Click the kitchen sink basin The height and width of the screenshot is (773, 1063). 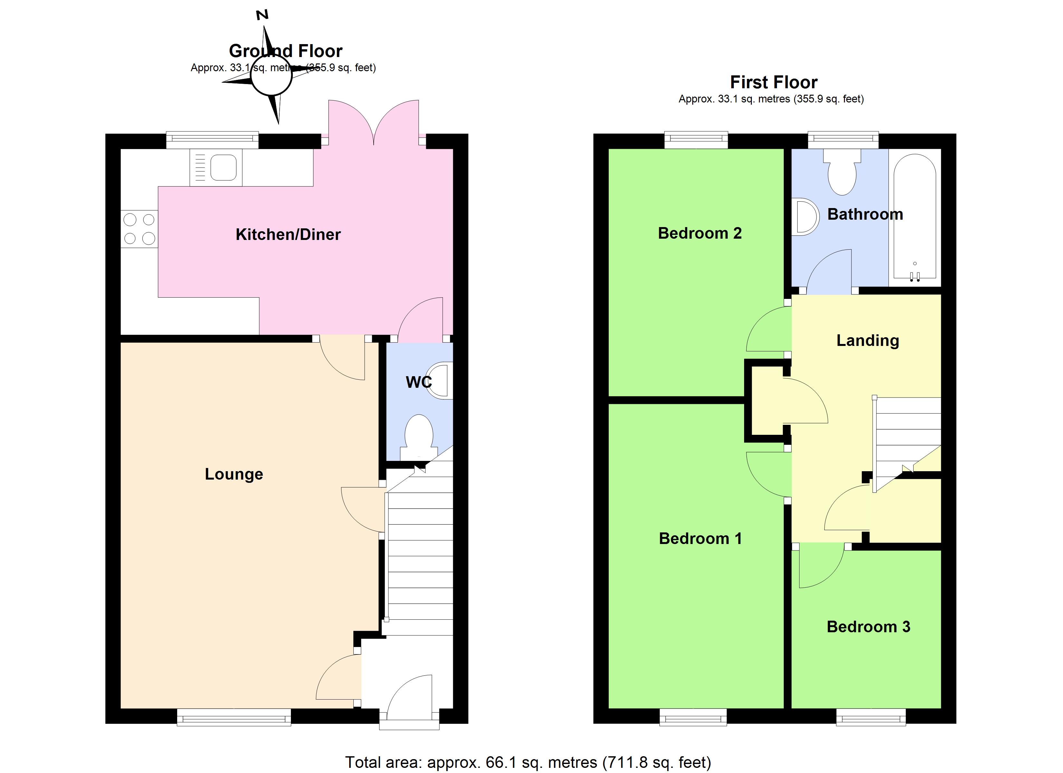pyautogui.click(x=223, y=167)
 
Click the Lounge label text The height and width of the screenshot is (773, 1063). pyautogui.click(x=234, y=474)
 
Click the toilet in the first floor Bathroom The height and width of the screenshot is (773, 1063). pyautogui.click(x=842, y=174)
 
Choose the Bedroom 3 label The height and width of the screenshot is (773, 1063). pyautogui.click(x=868, y=627)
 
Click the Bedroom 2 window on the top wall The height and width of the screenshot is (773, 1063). pyautogui.click(x=696, y=139)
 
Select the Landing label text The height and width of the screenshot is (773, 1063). pyautogui.click(x=867, y=340)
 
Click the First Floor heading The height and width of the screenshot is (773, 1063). pyautogui.click(x=773, y=82)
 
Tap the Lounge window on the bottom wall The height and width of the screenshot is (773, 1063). pyautogui.click(x=234, y=717)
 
